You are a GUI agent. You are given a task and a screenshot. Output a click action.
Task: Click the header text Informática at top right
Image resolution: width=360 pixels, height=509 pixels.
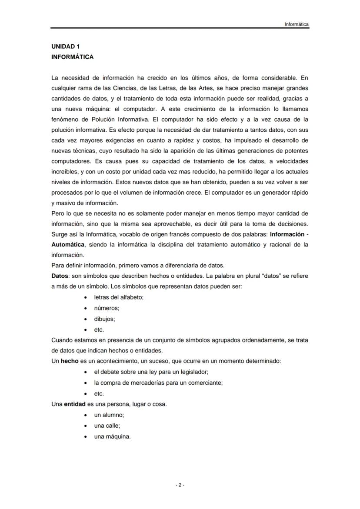(x=297, y=24)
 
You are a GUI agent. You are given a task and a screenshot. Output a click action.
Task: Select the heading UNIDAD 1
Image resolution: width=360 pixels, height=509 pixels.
(x=65, y=47)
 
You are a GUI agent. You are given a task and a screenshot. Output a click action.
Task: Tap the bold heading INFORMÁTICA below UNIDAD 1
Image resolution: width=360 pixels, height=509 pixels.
(x=72, y=57)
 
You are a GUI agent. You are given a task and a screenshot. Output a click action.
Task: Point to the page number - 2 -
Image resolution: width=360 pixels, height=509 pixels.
(x=180, y=485)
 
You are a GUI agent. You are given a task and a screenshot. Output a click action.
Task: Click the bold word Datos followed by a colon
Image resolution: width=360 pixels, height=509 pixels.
(x=60, y=276)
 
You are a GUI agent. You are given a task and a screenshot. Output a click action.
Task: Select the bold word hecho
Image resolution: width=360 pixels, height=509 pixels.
(x=70, y=361)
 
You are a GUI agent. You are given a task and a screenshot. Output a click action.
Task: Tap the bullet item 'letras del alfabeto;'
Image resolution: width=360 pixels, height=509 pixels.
(x=119, y=297)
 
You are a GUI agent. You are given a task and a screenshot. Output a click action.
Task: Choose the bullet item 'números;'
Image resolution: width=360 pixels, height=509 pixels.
(x=107, y=308)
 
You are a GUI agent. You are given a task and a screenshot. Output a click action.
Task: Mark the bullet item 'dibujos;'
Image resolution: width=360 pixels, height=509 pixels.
(x=104, y=319)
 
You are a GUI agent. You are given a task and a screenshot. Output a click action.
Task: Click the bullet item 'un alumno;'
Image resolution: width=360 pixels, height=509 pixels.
(x=109, y=415)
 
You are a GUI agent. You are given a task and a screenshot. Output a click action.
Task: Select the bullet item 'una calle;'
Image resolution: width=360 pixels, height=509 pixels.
(x=107, y=426)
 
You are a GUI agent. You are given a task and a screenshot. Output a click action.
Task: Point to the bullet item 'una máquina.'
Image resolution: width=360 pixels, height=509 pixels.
(x=112, y=436)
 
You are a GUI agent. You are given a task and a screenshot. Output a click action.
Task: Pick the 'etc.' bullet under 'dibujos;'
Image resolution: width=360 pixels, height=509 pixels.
(x=99, y=329)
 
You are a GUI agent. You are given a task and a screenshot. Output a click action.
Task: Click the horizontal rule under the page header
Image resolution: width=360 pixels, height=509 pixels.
(x=180, y=29)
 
